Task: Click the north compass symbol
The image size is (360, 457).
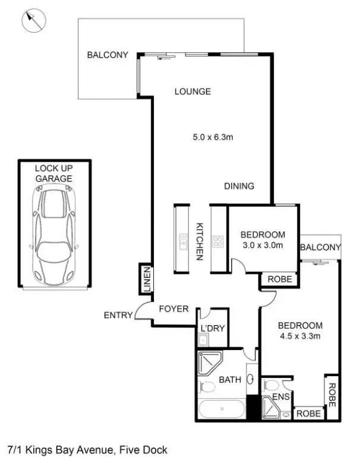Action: [x=34, y=22]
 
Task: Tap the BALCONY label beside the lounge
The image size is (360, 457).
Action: [x=108, y=55]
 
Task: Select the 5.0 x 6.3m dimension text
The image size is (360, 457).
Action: [x=213, y=137]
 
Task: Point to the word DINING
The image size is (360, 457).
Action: [x=239, y=186]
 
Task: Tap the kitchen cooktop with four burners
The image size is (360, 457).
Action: [x=218, y=242]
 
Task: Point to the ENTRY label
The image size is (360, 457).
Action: [x=118, y=315]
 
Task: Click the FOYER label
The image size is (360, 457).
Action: [x=173, y=309]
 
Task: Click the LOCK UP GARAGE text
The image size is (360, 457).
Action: [x=53, y=173]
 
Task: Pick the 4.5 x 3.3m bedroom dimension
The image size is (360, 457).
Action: [x=300, y=336]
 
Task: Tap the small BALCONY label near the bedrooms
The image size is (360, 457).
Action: [x=320, y=247]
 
